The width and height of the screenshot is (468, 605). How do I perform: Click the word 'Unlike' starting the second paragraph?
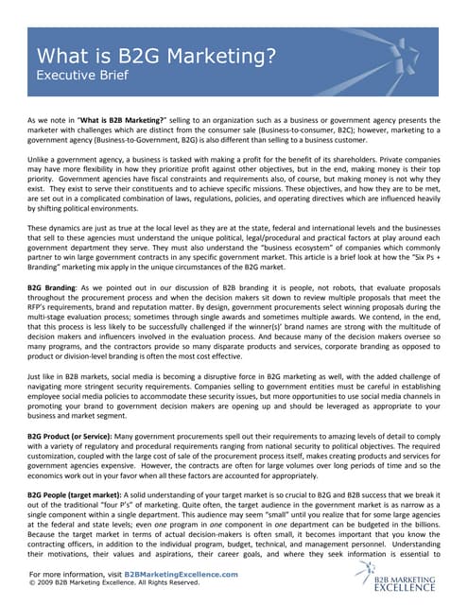tap(39, 162)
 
